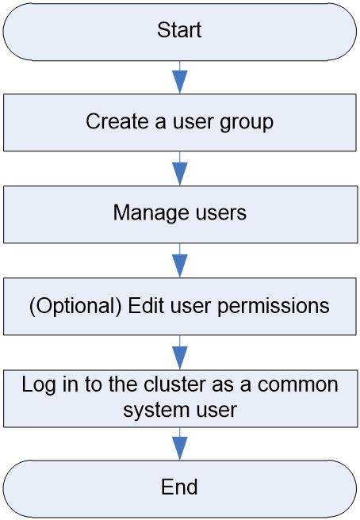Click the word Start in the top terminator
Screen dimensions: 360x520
(x=179, y=30)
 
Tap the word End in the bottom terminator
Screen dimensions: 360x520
(x=179, y=487)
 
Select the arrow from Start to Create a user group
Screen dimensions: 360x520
(x=180, y=77)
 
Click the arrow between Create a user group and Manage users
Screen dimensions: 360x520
(x=180, y=169)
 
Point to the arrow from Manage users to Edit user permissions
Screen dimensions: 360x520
(x=180, y=260)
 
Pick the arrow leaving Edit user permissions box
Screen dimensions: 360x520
(x=180, y=352)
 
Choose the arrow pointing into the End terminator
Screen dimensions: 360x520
(x=180, y=444)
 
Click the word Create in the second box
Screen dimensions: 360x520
(x=117, y=121)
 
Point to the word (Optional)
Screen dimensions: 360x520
(x=75, y=305)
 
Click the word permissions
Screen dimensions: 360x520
(x=274, y=306)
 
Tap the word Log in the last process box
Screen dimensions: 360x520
(x=39, y=385)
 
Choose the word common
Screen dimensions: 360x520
(x=297, y=385)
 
